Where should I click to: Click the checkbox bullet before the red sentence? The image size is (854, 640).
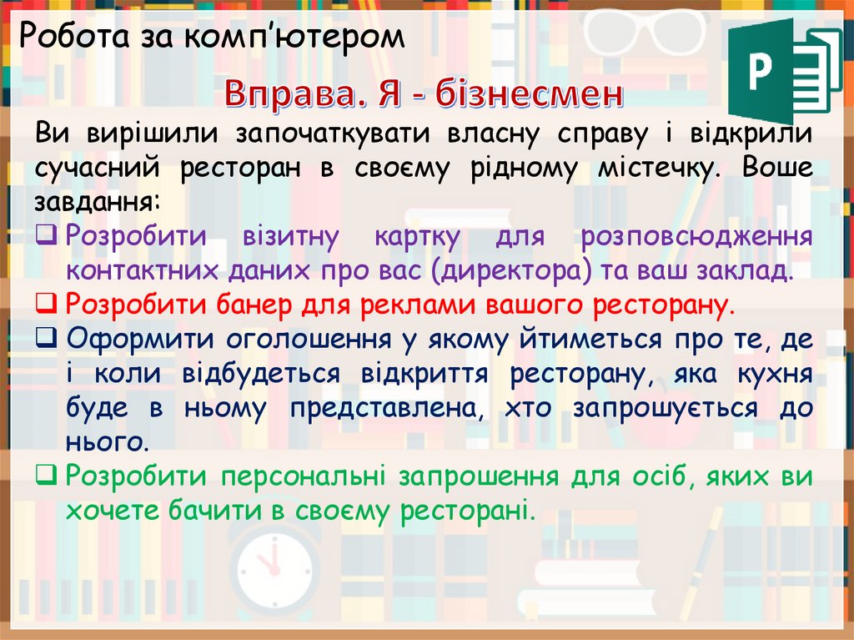[x=47, y=303]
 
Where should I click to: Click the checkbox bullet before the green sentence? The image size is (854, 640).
[x=47, y=476]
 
